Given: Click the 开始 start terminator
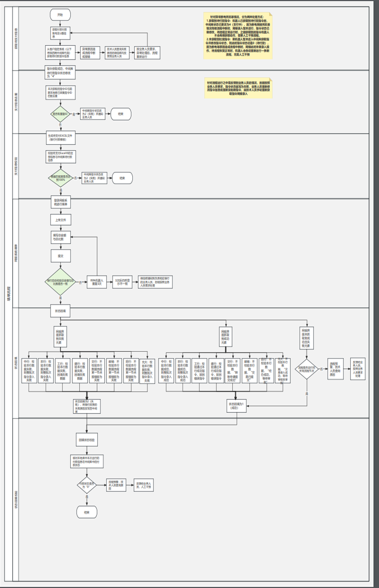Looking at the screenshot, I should tap(60, 15).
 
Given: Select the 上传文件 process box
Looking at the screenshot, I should tap(60, 220).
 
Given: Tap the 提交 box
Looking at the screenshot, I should tap(60, 256).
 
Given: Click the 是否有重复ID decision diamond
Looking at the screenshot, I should tap(60, 114).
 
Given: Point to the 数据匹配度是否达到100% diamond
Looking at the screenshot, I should tap(60, 178).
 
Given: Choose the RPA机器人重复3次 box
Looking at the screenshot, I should tap(97, 282).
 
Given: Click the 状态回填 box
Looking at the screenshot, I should tap(60, 311).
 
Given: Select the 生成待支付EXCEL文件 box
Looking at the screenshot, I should tap(60, 137).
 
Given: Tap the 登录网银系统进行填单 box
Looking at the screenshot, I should tap(61, 202).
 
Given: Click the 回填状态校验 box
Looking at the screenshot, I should tap(86, 439).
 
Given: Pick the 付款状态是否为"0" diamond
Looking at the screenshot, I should tap(86, 485).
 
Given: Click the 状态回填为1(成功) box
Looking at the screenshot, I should tap(236, 406).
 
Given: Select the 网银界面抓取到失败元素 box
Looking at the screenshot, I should tap(60, 337).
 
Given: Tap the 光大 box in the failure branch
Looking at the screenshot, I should tap(147, 371).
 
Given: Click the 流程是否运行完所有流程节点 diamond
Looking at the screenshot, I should tap(307, 369).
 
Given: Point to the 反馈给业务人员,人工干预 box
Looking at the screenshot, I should tap(144, 485).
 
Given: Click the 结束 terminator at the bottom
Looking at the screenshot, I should tap(87, 512).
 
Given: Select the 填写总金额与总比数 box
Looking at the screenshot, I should tap(60, 237).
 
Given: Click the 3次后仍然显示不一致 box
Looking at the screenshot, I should tap(122, 282).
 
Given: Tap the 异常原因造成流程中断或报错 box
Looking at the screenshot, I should tap(90, 53).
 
